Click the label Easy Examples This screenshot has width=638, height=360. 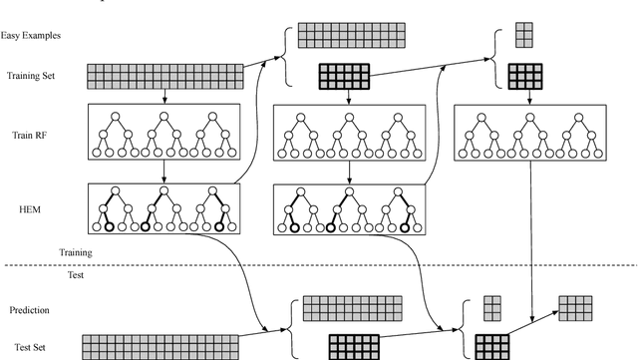32,35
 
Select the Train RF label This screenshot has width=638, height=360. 26,134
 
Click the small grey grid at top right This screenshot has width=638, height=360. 524,35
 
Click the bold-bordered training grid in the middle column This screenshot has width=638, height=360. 344,77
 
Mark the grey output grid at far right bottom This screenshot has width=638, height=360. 574,308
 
